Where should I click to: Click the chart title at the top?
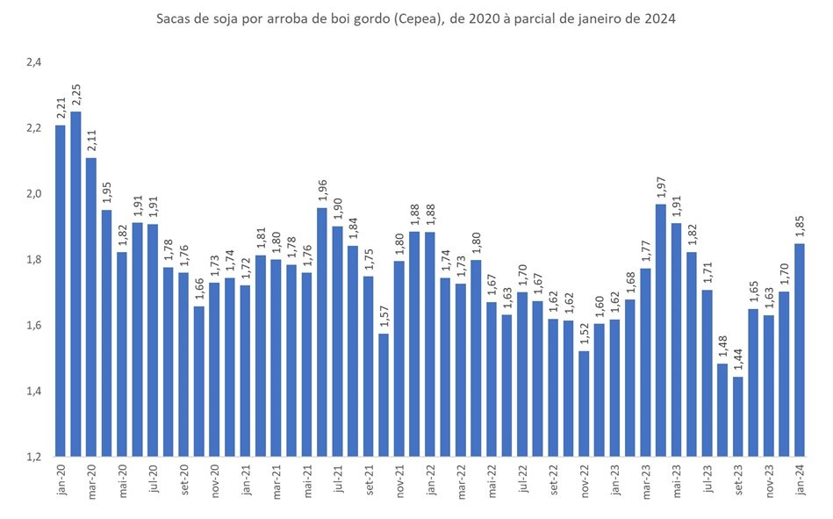click(x=416, y=19)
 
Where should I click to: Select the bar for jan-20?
click(x=61, y=291)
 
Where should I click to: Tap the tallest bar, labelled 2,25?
click(x=76, y=284)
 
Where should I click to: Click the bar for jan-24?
click(x=800, y=350)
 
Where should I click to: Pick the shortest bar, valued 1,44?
click(x=738, y=417)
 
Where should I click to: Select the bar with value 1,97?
click(x=661, y=330)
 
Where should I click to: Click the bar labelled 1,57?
click(x=384, y=395)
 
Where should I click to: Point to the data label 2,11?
click(x=92, y=141)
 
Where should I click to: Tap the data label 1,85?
click(x=800, y=226)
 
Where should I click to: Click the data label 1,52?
click(x=584, y=334)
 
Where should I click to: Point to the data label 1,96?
click(x=322, y=191)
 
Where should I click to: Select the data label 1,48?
click(x=722, y=346)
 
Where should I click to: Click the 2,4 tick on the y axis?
click(x=34, y=62)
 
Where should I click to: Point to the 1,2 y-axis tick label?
click(x=34, y=457)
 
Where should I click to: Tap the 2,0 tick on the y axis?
click(x=34, y=193)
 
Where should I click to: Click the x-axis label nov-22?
click(x=585, y=480)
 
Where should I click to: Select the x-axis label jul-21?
click(x=338, y=479)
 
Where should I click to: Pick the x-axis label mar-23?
click(x=646, y=480)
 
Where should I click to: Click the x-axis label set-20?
click(x=184, y=479)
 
